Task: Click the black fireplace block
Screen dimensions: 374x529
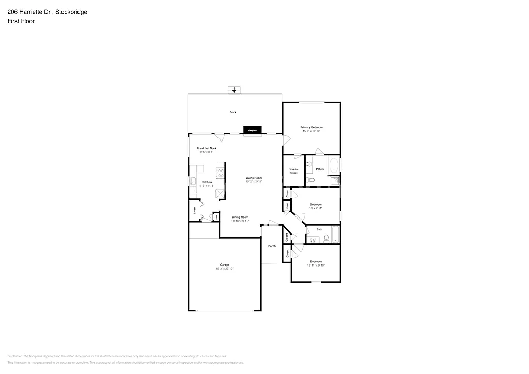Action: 253,131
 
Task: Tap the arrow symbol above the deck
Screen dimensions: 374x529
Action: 234,90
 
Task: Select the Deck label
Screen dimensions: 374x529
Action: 232,112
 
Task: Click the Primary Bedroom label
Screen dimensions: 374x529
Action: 312,127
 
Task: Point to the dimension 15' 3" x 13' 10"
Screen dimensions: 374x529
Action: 312,131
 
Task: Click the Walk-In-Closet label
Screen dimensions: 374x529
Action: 293,171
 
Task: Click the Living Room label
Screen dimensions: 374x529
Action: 254,178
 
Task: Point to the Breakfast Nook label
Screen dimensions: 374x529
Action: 207,148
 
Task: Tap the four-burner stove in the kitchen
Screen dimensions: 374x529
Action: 221,170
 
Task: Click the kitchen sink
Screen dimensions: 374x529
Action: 192,181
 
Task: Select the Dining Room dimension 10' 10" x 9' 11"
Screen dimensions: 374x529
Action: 240,221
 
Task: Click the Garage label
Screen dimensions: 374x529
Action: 225,264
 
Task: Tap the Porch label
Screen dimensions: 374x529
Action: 272,246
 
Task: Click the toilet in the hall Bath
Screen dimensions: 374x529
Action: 326,238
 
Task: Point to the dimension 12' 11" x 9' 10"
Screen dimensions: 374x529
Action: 316,266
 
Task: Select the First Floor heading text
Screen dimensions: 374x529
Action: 21,21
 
